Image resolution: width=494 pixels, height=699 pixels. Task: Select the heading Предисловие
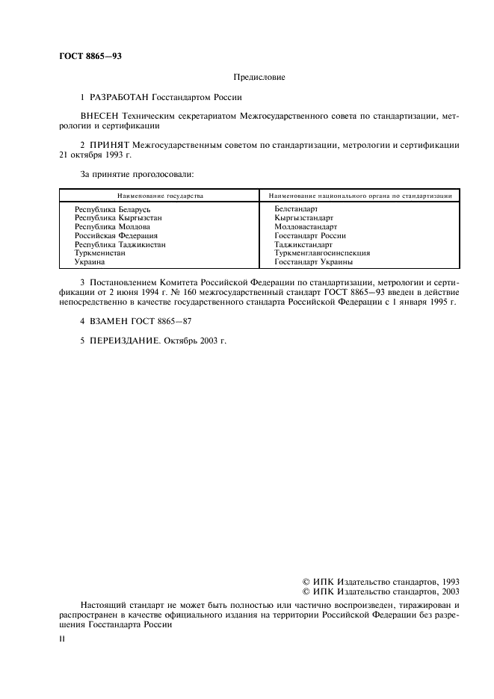259,77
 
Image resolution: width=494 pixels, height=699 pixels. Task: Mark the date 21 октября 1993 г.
95,154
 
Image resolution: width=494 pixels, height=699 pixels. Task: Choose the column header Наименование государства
159,195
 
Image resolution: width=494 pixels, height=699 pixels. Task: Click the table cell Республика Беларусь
113,210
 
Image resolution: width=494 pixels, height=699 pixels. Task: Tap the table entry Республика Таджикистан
120,244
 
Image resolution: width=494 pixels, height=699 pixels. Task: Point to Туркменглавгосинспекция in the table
322,253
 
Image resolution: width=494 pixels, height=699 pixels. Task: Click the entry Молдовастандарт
306,227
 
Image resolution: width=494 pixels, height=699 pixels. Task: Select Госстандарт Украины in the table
313,262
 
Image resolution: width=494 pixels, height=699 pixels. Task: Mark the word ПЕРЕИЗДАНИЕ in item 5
119,341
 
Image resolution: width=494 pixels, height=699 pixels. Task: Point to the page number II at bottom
62,640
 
